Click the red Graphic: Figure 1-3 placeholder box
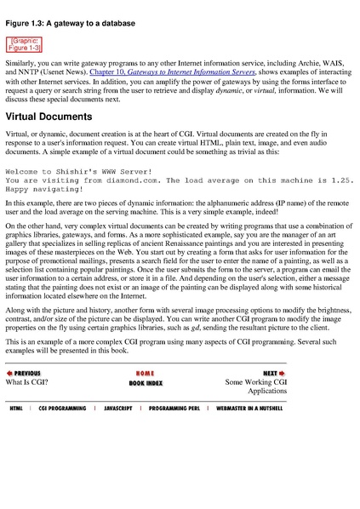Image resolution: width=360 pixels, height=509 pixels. click(26, 43)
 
